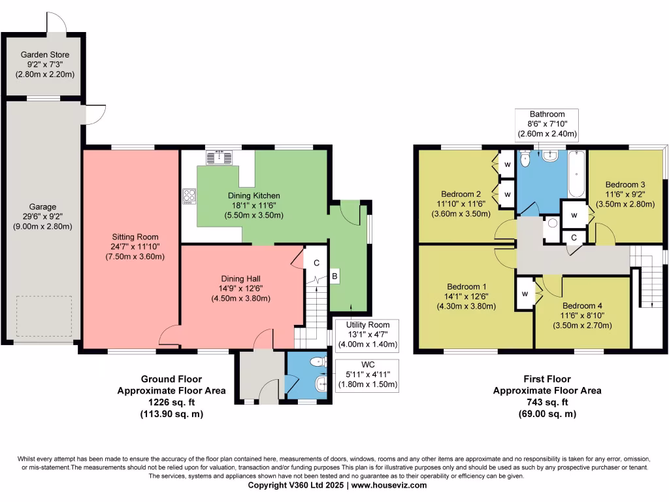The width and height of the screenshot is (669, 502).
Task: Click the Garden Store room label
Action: point(45,55)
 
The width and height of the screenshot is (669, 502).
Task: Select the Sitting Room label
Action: point(135,237)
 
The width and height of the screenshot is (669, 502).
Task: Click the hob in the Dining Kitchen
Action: point(189,195)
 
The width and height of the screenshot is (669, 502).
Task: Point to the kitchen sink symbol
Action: point(220,158)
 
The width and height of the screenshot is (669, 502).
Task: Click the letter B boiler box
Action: point(334,276)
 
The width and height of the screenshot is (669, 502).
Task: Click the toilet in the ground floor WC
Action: point(318,361)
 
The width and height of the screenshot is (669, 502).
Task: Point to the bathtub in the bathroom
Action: point(577,175)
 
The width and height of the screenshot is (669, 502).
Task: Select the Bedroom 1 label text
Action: point(466,287)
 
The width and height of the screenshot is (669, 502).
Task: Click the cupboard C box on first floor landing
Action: point(573,237)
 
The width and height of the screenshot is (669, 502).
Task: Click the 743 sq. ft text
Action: point(547,402)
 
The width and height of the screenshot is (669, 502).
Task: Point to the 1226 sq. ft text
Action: point(171,402)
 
